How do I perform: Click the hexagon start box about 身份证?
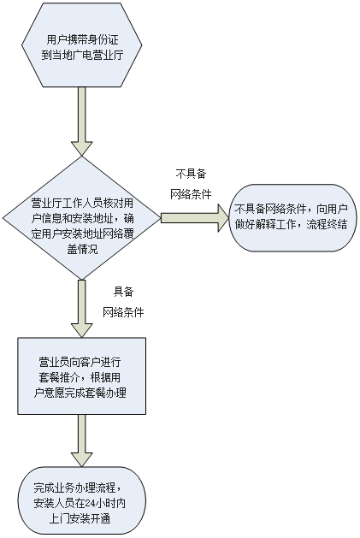pos(82,45)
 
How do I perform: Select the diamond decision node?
pos(82,218)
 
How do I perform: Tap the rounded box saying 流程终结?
pos(292,218)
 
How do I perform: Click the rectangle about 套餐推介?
pos(82,375)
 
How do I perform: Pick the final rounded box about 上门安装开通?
pos(82,500)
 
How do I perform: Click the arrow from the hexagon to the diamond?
pos(82,121)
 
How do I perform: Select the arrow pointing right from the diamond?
pos(195,218)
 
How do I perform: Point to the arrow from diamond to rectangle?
pos(82,309)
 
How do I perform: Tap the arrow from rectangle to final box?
pos(82,440)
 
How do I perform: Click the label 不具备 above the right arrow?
pos(192,174)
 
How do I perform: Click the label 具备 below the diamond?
pos(123,292)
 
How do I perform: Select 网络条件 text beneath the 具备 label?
pos(123,312)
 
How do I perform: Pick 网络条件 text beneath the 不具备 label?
pos(191,194)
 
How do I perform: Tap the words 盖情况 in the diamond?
pos(82,249)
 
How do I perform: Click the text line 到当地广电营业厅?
pos(82,55)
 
